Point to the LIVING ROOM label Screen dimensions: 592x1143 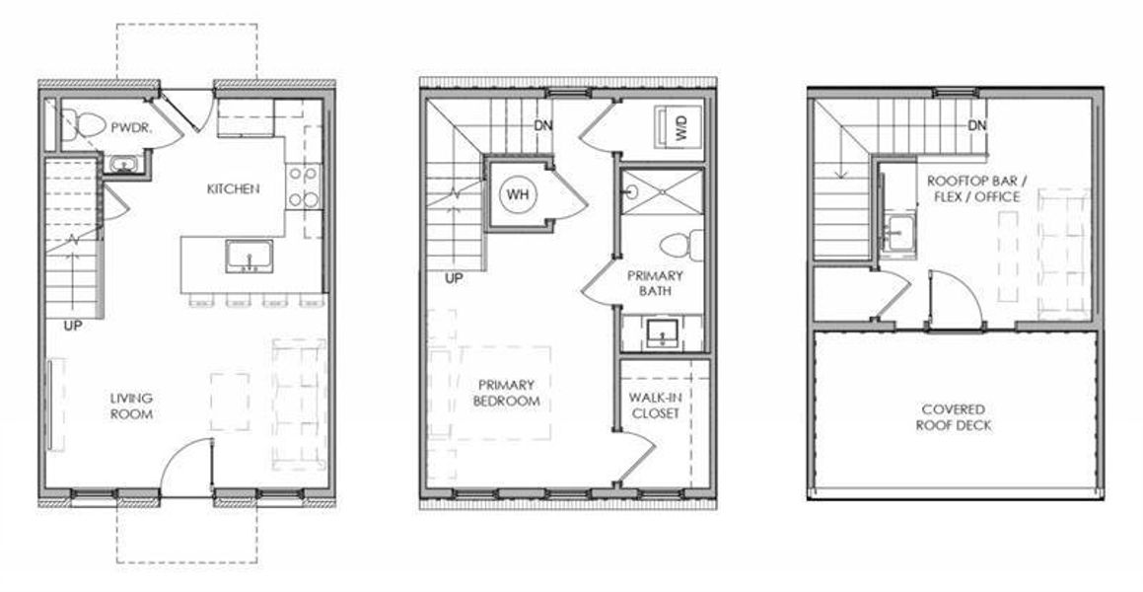(x=131, y=407)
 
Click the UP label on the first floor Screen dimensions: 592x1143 (x=72, y=325)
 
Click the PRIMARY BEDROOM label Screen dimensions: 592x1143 (x=507, y=393)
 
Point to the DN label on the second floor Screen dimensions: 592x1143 (x=542, y=125)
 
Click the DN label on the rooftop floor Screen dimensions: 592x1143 (x=977, y=125)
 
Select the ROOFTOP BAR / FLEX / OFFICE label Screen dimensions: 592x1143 (x=972, y=189)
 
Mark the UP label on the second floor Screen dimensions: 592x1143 (x=454, y=279)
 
